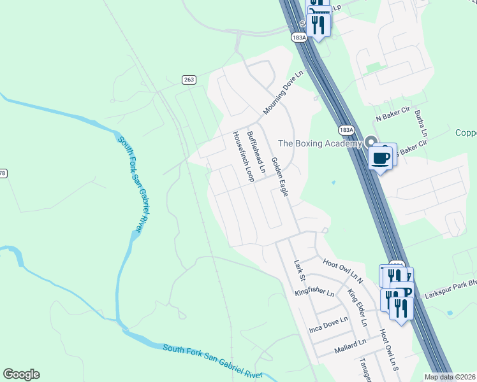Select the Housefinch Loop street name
(243, 157)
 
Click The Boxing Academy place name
(320, 143)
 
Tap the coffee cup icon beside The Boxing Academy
(381, 158)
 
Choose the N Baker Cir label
(391, 117)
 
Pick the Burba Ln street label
(420, 124)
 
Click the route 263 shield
(188, 80)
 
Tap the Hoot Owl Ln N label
(342, 271)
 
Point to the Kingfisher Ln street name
(314, 293)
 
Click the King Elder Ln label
(357, 308)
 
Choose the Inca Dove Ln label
(328, 325)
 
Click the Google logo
(21, 374)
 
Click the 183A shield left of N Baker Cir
(346, 129)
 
